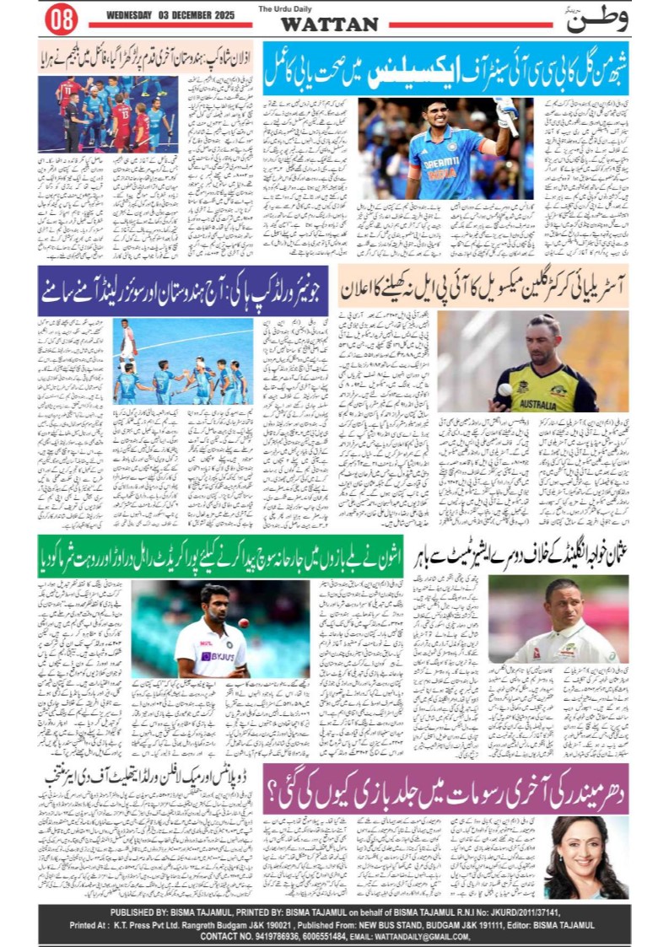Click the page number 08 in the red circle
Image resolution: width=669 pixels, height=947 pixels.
click(61, 19)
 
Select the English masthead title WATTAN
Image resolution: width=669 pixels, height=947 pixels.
click(329, 24)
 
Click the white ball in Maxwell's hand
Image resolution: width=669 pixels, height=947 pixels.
click(504, 390)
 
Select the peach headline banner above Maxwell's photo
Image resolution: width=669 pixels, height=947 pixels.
click(483, 287)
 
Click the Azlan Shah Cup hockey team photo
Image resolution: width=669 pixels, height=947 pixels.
click(107, 114)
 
